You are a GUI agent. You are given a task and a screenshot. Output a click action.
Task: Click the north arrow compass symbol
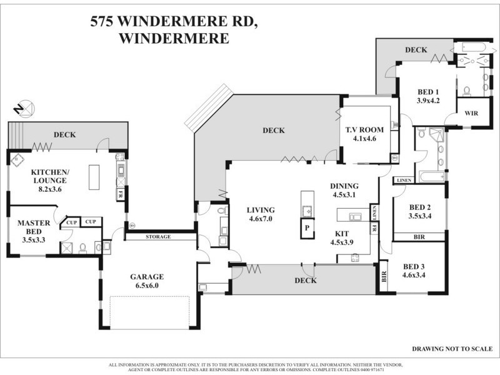[x=26, y=108]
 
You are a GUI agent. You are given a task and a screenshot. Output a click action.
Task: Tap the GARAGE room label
[x=147, y=277]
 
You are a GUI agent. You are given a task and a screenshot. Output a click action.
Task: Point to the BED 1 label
[x=429, y=91]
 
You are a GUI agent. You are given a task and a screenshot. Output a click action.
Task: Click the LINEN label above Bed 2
[x=404, y=181]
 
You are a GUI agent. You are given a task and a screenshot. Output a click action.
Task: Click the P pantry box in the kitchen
[x=306, y=229]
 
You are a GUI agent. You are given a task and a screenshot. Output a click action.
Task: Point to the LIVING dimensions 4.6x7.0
[x=261, y=220]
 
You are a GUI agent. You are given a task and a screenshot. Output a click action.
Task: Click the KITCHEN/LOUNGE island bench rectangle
[x=94, y=177]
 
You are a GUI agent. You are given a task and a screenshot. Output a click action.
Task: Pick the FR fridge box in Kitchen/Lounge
[x=119, y=194]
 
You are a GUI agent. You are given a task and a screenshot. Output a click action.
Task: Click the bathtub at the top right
[x=473, y=47]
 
